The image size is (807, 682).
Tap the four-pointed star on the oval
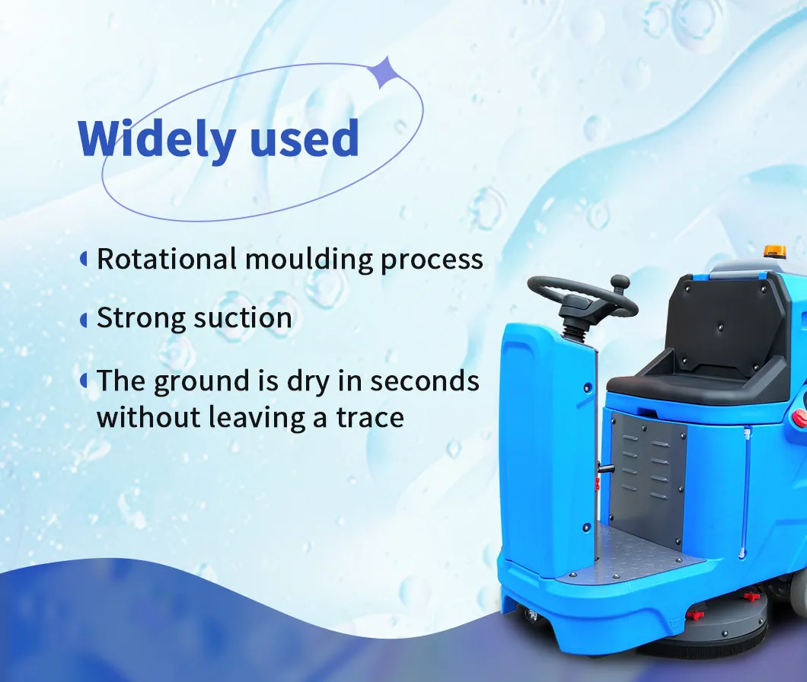(x=383, y=72)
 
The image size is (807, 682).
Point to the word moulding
(x=308, y=260)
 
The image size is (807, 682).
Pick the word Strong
(x=141, y=319)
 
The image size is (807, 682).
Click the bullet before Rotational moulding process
(x=84, y=259)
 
